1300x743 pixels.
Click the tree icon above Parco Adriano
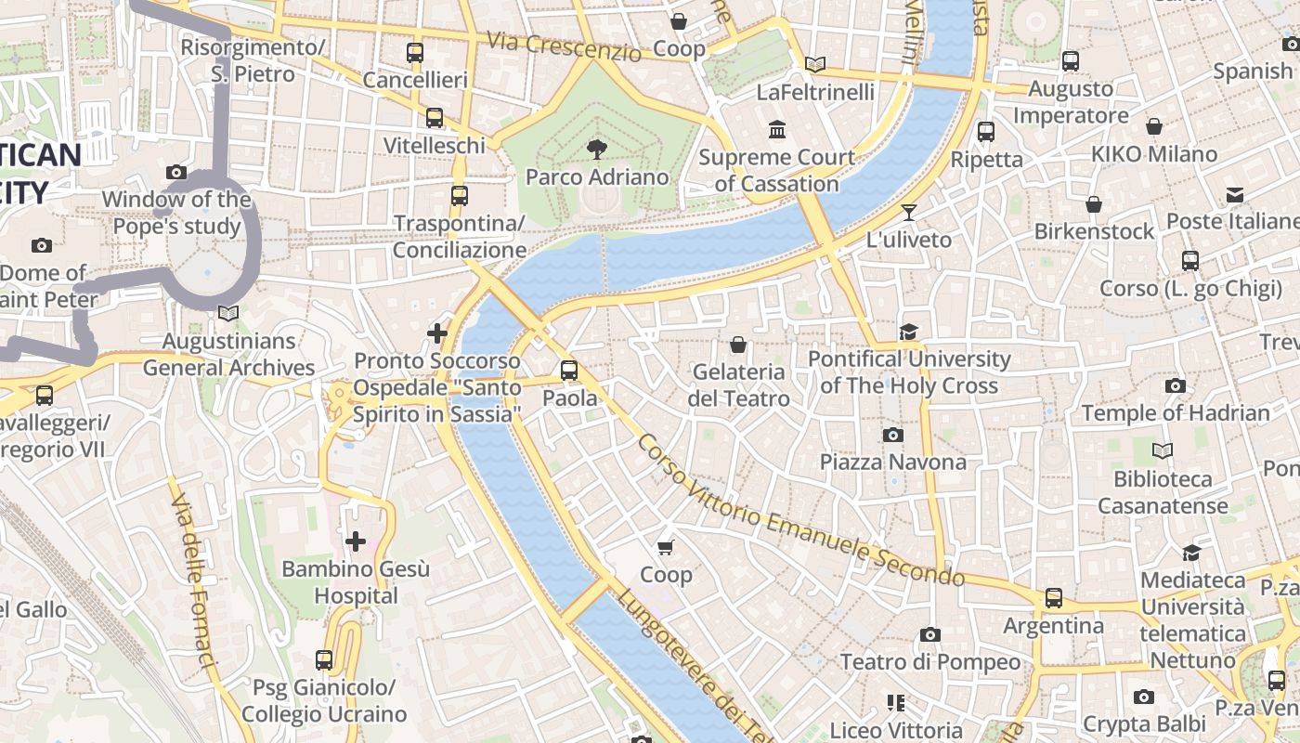point(596,148)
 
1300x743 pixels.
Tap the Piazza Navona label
point(892,462)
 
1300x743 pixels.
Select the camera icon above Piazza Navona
point(892,435)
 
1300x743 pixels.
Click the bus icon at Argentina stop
point(1053,598)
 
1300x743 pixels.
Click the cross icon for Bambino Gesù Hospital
point(355,541)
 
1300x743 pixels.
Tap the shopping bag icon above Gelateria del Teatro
point(738,345)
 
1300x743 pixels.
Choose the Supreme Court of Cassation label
point(777,170)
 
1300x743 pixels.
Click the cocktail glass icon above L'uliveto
point(908,213)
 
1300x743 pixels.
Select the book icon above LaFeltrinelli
point(815,64)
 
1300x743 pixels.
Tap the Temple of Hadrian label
point(1175,412)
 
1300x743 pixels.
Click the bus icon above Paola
point(569,371)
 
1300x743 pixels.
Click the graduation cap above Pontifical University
point(908,332)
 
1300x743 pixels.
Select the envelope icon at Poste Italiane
point(1234,194)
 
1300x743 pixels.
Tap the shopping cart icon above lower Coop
point(666,548)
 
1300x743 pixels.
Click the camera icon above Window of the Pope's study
point(175,172)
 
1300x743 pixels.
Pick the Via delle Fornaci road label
point(192,576)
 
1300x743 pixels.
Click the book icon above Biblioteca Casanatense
point(1162,451)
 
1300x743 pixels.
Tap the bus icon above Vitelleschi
point(434,118)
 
